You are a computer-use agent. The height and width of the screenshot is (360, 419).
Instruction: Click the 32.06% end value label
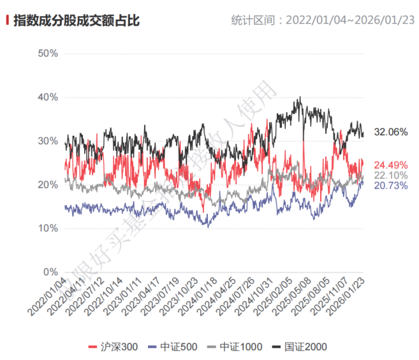point(390,132)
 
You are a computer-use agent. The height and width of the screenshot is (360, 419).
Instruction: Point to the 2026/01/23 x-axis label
point(348,297)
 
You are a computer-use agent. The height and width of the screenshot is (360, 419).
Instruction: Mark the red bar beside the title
point(8,20)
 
